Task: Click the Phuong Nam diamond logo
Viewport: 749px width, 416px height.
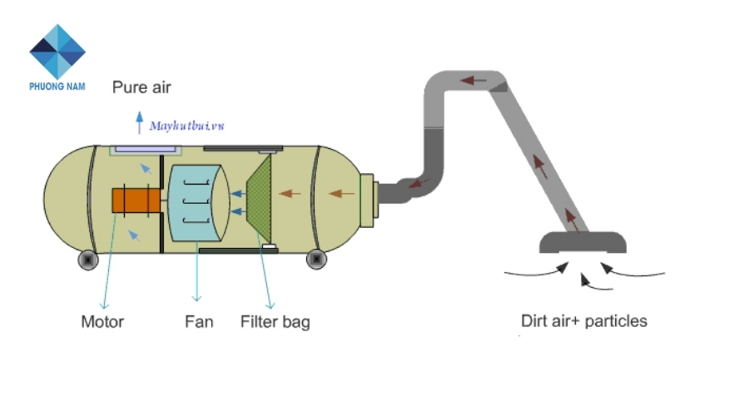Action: (x=57, y=52)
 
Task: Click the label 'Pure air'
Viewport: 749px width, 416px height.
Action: (x=141, y=87)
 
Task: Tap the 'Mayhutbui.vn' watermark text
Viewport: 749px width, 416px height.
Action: (x=187, y=126)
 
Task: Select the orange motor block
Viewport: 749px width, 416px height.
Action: (x=136, y=201)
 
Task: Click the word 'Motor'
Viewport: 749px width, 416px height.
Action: (x=102, y=321)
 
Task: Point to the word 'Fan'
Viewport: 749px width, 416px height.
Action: (x=199, y=321)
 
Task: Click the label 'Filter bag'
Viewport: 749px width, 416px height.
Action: (x=275, y=321)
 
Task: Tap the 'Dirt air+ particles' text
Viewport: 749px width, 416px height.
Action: (x=583, y=320)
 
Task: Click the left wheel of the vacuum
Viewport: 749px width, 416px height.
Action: (x=88, y=260)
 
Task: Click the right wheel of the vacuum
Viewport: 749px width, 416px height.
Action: (x=316, y=260)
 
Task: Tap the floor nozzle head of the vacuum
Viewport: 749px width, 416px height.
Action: (x=583, y=243)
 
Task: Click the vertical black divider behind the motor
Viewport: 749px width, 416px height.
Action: (x=161, y=204)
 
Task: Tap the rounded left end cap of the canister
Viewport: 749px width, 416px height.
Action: (x=65, y=200)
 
